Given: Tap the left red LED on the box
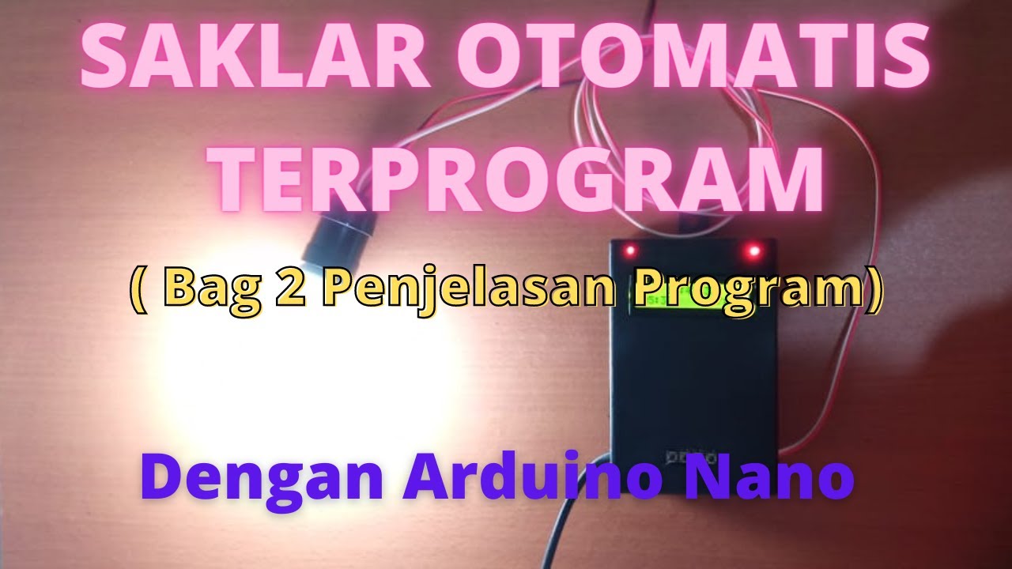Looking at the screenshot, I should (x=630, y=251).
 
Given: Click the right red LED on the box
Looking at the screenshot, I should (x=753, y=251).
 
